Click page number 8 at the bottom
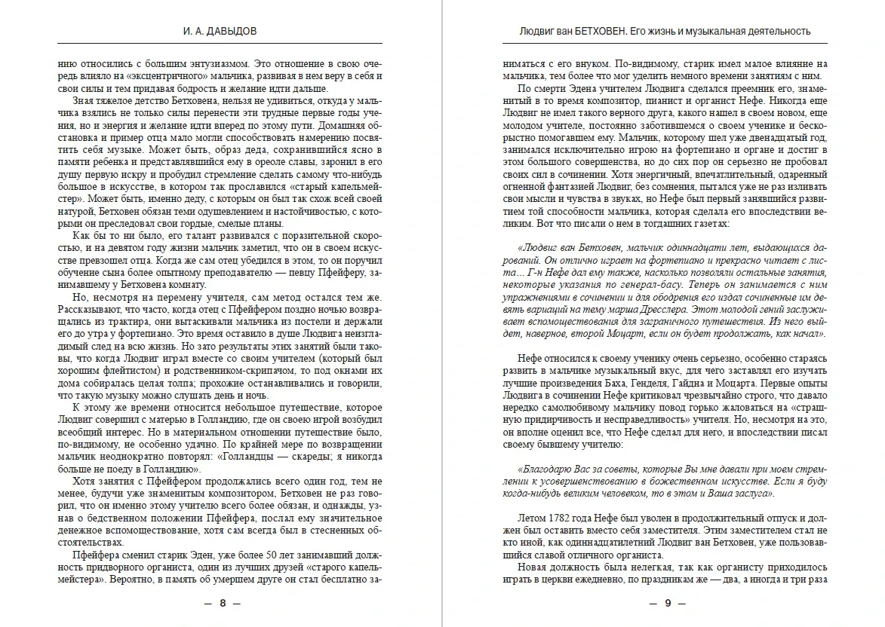(222, 603)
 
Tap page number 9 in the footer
(667, 603)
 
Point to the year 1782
(564, 520)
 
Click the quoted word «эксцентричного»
(157, 76)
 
